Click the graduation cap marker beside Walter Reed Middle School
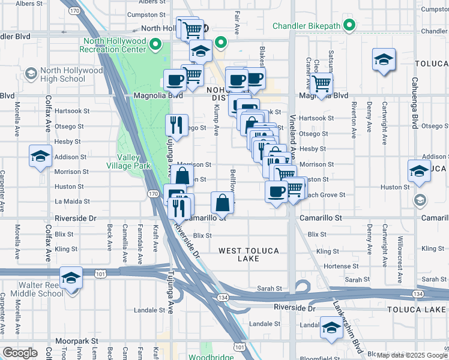point(71,278)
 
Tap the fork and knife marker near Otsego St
point(176,125)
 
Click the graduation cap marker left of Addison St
point(40,157)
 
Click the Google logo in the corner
point(20,352)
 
